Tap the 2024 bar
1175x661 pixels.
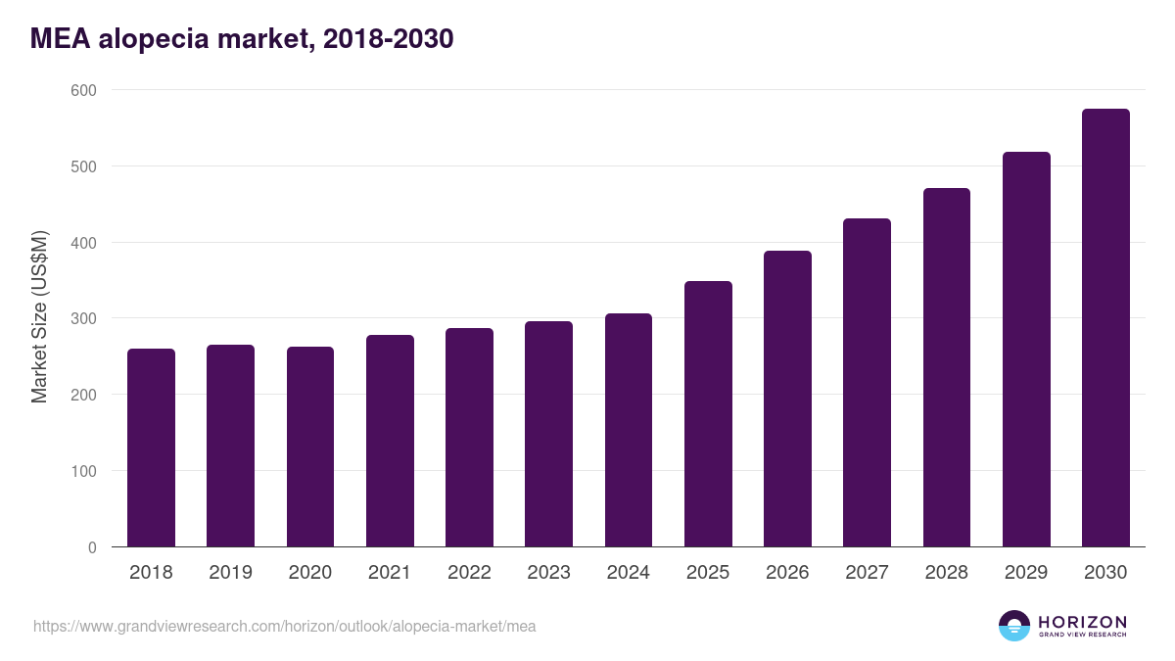tap(628, 430)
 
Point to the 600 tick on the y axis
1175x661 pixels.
tap(84, 90)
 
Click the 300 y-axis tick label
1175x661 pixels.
tap(84, 318)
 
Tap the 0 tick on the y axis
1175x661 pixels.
tap(92, 547)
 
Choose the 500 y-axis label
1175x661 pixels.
tap(84, 166)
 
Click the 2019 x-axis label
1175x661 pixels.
tap(231, 573)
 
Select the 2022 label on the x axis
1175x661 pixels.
tap(469, 573)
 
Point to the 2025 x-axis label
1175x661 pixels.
tap(708, 573)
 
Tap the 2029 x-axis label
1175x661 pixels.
tap(1026, 573)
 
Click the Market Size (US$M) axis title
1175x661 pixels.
tap(39, 318)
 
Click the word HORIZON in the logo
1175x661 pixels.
tap(1082, 622)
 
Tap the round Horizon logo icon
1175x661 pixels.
tap(1014, 626)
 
